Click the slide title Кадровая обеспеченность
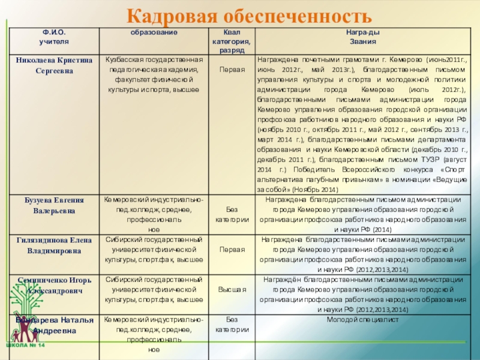click(246, 14)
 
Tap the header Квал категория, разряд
click(232, 42)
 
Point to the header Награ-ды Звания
click(362, 38)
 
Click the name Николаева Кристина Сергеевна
click(55, 65)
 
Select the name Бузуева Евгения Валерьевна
click(55, 205)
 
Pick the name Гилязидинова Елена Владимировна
click(55, 245)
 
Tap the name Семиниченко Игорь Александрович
click(55, 285)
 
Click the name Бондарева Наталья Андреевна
click(55, 325)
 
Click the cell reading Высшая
click(232, 289)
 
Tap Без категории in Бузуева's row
click(232, 214)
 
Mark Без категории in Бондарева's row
click(232, 325)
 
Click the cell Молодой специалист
click(362, 320)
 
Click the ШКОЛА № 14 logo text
click(25, 347)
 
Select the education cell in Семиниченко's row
click(154, 289)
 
